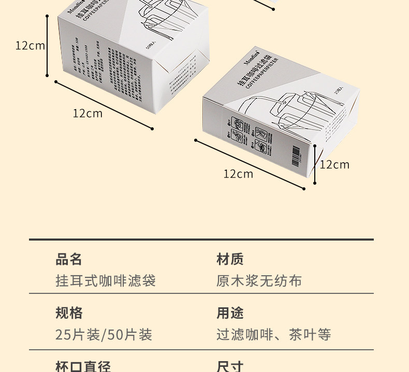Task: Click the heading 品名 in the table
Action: pyautogui.click(x=68, y=259)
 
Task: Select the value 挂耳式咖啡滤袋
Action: pyautogui.click(x=105, y=281)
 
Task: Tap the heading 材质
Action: pyautogui.click(x=229, y=259)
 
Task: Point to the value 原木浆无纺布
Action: pyautogui.click(x=259, y=281)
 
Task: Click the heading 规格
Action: pyautogui.click(x=68, y=313)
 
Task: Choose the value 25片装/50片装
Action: pyautogui.click(x=104, y=335)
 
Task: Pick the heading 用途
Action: pyautogui.click(x=229, y=313)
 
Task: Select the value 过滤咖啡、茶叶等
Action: pyautogui.click(x=273, y=335)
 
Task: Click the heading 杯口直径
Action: pyautogui.click(x=83, y=366)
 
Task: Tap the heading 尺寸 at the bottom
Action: pyautogui.click(x=229, y=366)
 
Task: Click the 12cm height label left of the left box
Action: pyautogui.click(x=30, y=46)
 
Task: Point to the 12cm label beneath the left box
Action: pyautogui.click(x=87, y=113)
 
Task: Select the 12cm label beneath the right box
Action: pyautogui.click(x=238, y=174)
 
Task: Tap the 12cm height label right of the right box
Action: pyautogui.click(x=334, y=165)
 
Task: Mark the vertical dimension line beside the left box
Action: pyautogui.click(x=47, y=46)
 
